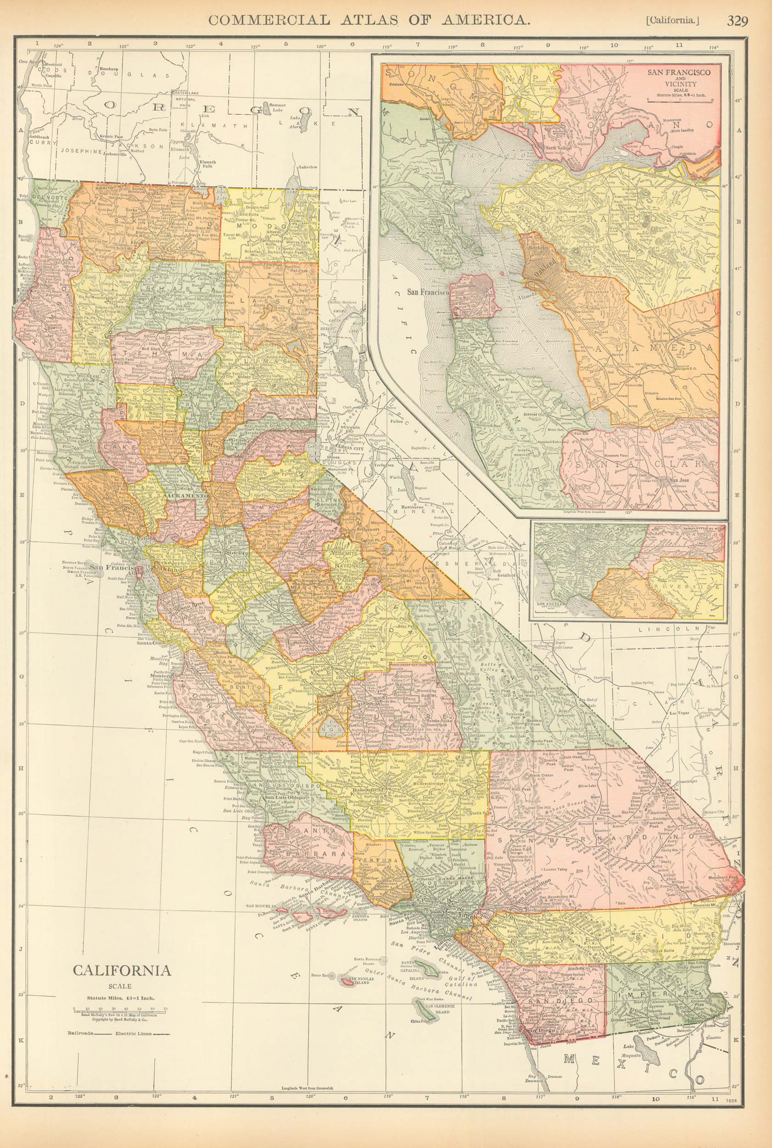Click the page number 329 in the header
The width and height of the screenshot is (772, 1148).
point(737,21)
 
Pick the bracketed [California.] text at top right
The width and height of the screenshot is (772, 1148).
point(672,21)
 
